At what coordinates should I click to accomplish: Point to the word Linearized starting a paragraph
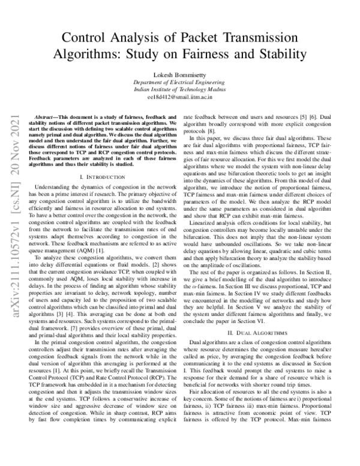click(x=205, y=225)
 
